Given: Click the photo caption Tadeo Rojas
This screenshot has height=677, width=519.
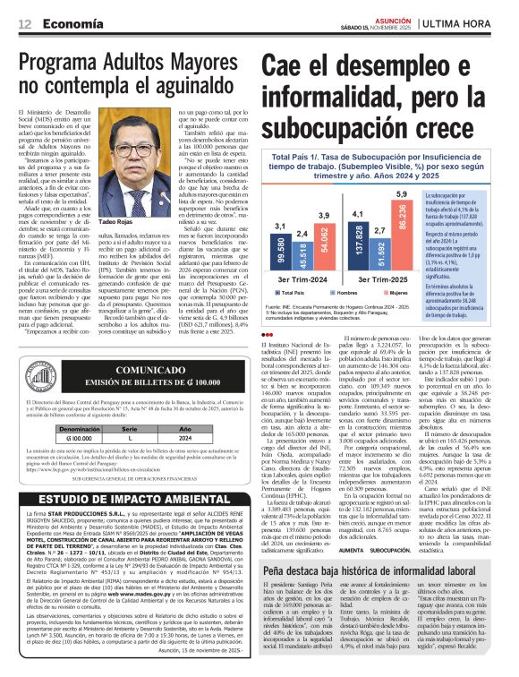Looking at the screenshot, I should [x=141, y=220].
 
